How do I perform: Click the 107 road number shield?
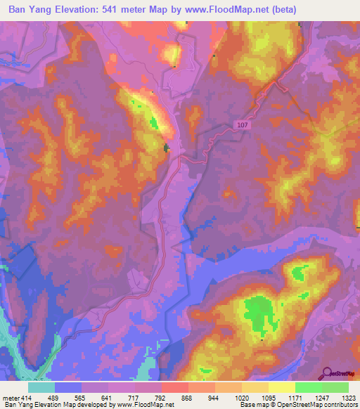[241, 125]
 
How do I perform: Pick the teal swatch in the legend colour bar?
[41, 387]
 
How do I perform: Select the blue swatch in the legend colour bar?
[68, 387]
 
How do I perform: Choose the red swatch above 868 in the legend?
[175, 387]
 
